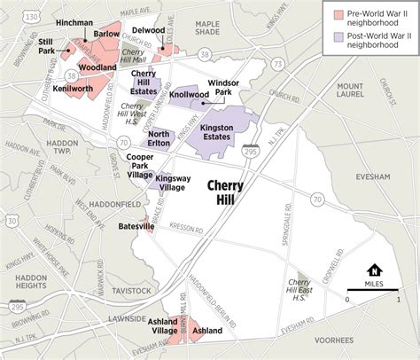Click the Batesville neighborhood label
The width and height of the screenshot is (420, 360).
click(136, 226)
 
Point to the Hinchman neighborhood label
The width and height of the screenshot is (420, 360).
click(74, 20)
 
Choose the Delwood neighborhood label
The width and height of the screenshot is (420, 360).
click(149, 28)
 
